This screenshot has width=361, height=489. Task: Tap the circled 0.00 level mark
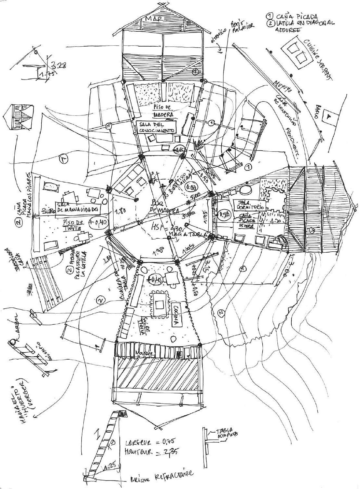point(190,188)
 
